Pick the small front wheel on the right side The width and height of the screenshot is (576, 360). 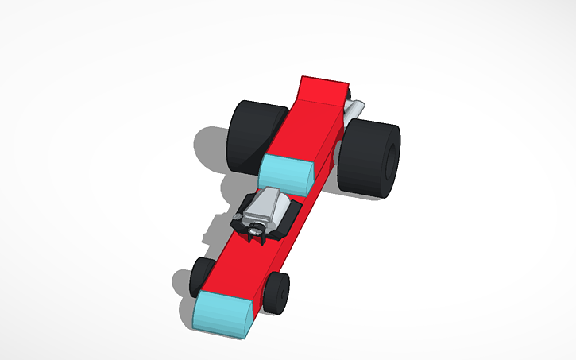(277, 291)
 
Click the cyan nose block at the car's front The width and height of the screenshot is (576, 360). (225, 313)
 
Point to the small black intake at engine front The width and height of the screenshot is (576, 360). (257, 231)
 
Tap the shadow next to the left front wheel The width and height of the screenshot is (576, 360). (182, 281)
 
